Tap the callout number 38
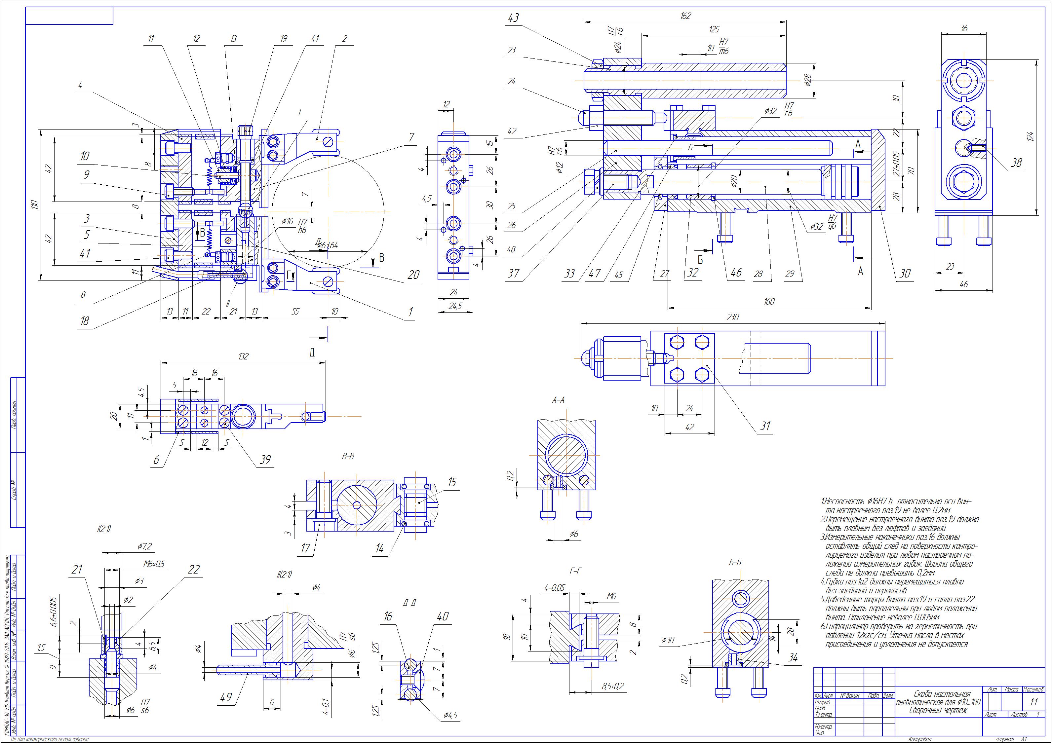1016,163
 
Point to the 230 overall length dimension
733,317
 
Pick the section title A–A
558,400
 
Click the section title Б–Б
735,563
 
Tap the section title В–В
348,456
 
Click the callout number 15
452,482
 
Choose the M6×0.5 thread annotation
152,564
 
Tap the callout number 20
414,275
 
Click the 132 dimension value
243,356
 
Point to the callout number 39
265,460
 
